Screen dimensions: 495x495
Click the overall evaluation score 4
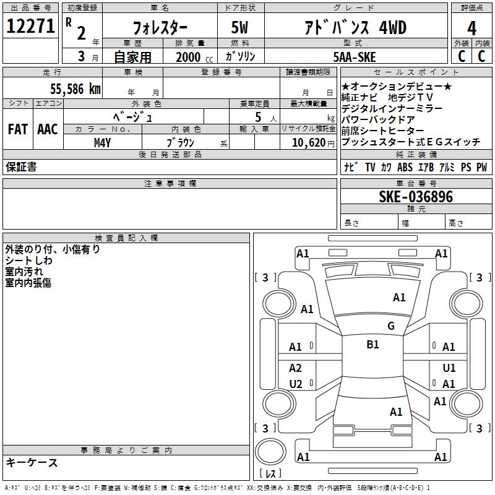[472, 27]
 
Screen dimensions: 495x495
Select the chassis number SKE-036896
[416, 197]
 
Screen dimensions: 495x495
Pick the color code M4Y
[102, 142]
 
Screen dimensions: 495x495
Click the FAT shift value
[17, 129]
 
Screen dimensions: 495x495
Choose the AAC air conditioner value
[47, 129]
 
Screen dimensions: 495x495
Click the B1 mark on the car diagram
[372, 345]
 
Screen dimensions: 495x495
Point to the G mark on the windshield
[390, 326]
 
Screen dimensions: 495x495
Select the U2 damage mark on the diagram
[296, 384]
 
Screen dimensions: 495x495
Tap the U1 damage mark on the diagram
[449, 368]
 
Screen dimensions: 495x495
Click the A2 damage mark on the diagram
[296, 368]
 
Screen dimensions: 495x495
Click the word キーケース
[32, 462]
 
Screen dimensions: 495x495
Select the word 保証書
[21, 167]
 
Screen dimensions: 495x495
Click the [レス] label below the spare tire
[270, 474]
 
